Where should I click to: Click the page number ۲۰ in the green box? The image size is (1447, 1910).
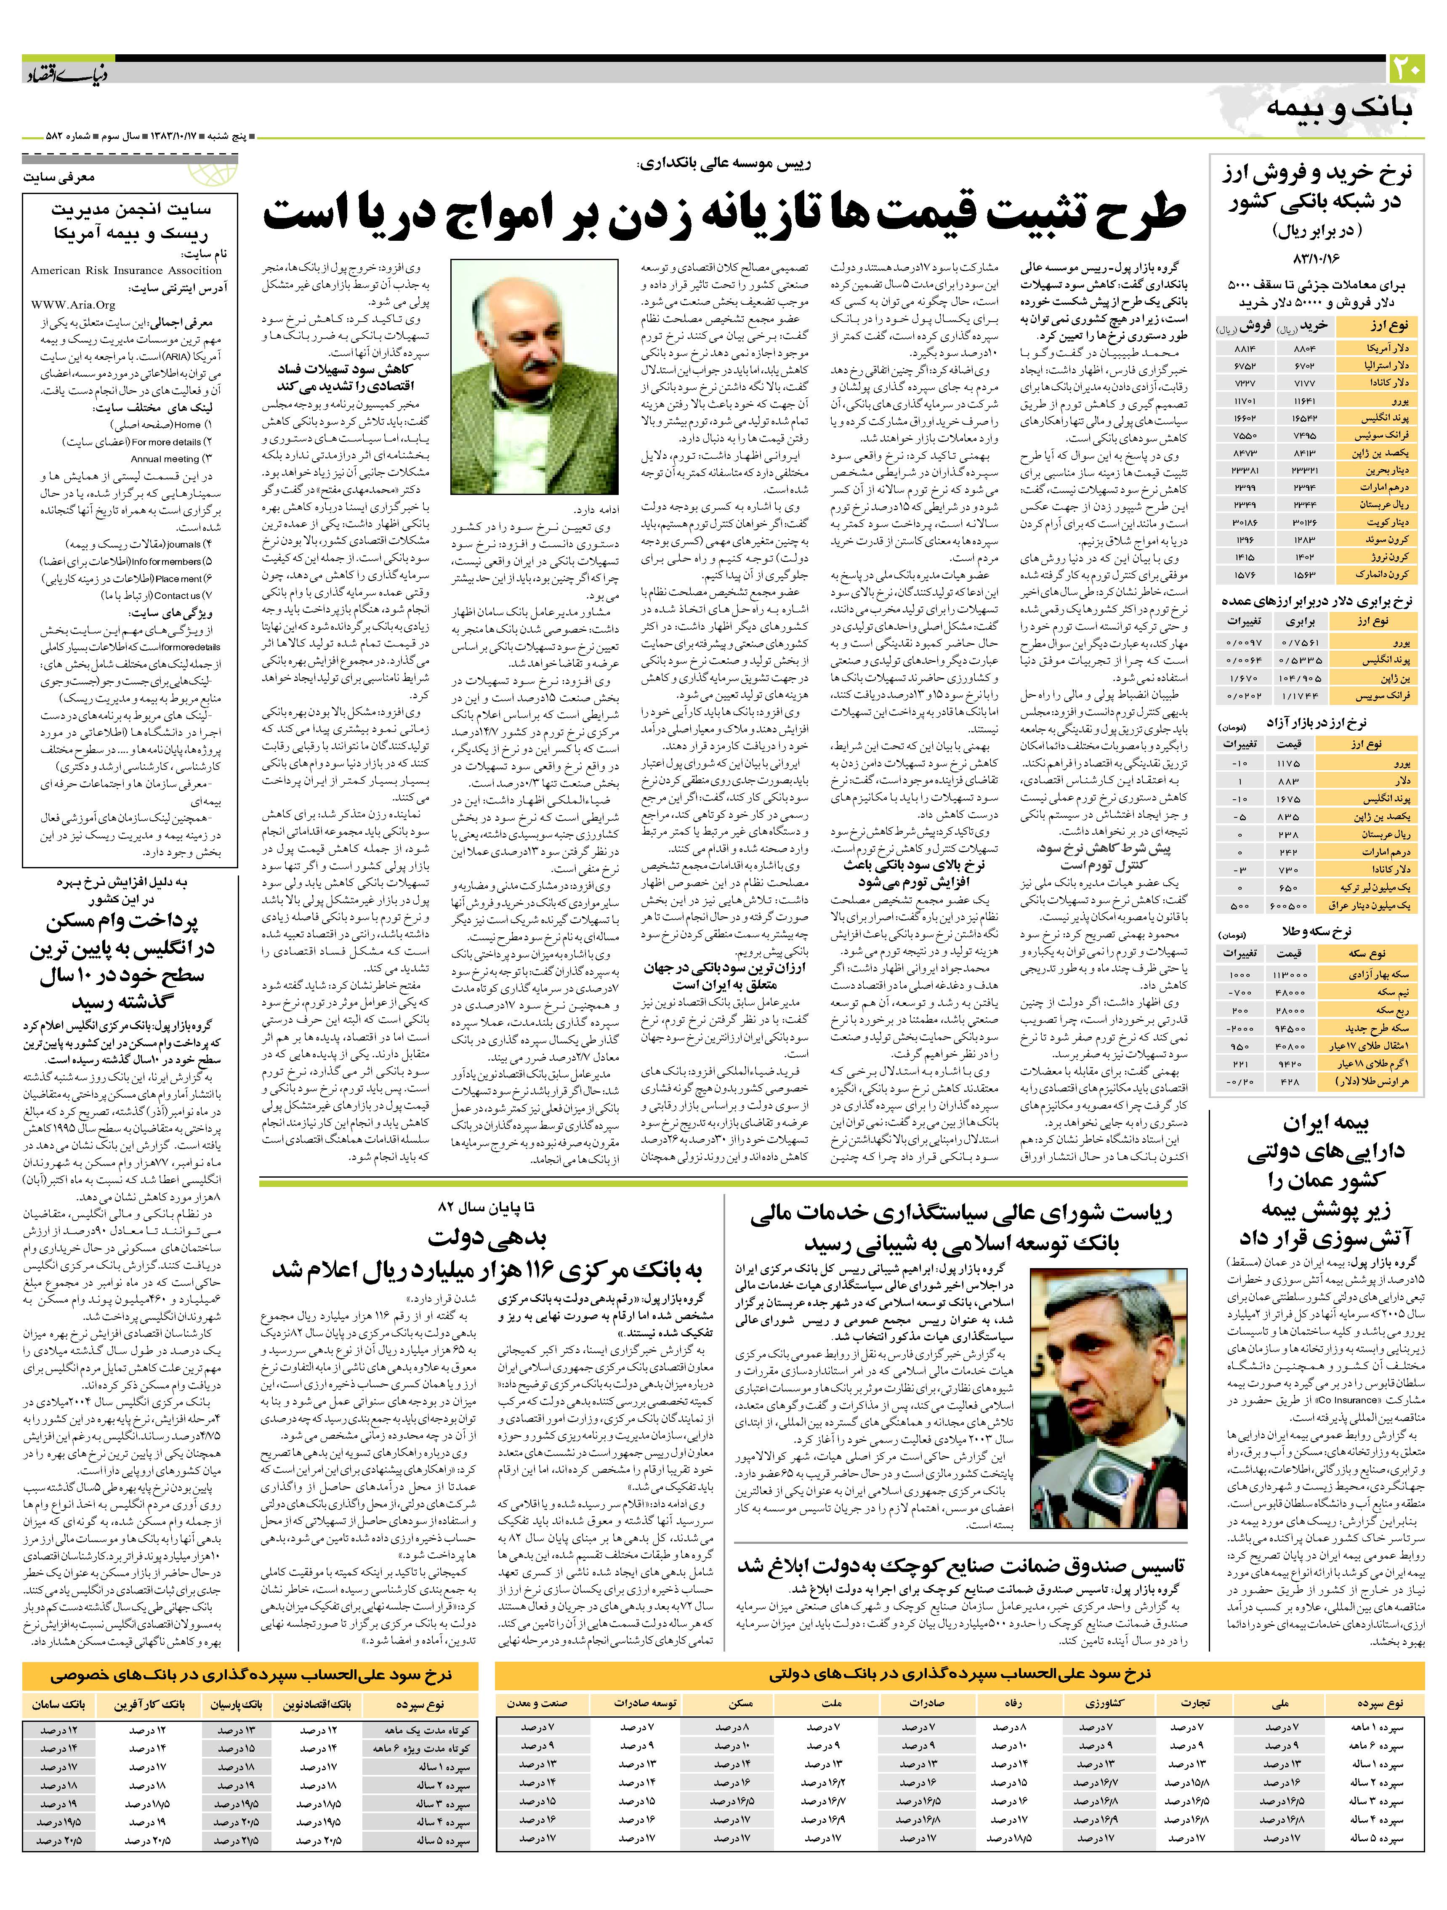(x=1404, y=69)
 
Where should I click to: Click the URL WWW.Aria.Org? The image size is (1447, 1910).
(x=73, y=305)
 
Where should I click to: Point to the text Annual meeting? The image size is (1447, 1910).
(x=166, y=458)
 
